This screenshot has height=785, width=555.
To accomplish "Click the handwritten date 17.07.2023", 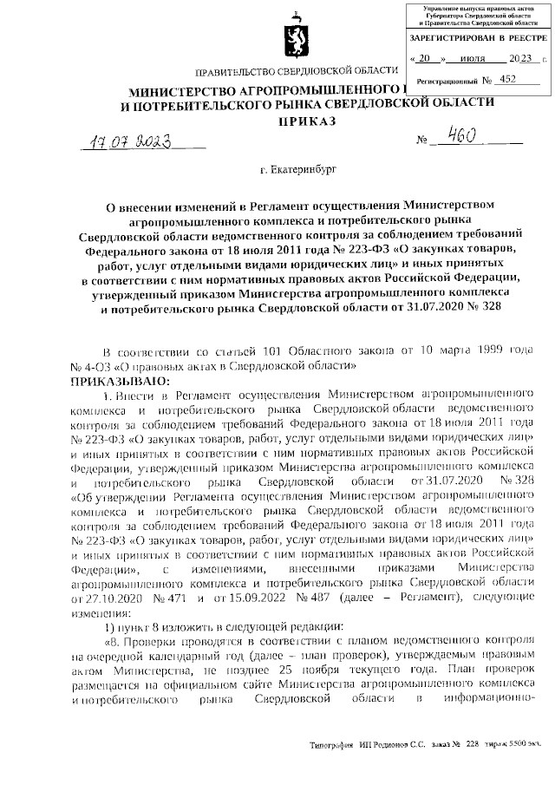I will pos(130,142).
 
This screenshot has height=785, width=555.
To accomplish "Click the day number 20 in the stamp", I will pos(424,60).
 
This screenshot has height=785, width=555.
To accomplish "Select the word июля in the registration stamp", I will pos(471,60).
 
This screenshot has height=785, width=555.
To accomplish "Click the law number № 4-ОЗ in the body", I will pos(87,366).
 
